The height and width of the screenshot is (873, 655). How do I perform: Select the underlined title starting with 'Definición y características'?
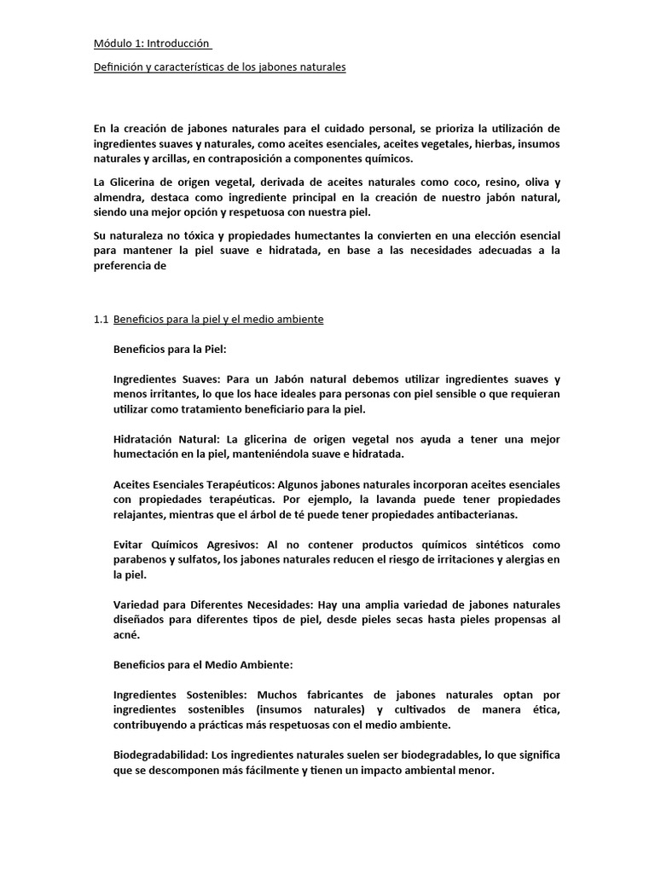[x=219, y=67]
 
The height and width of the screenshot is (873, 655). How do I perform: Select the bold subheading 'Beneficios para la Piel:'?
[x=170, y=349]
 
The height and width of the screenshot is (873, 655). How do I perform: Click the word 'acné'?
[x=125, y=635]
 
